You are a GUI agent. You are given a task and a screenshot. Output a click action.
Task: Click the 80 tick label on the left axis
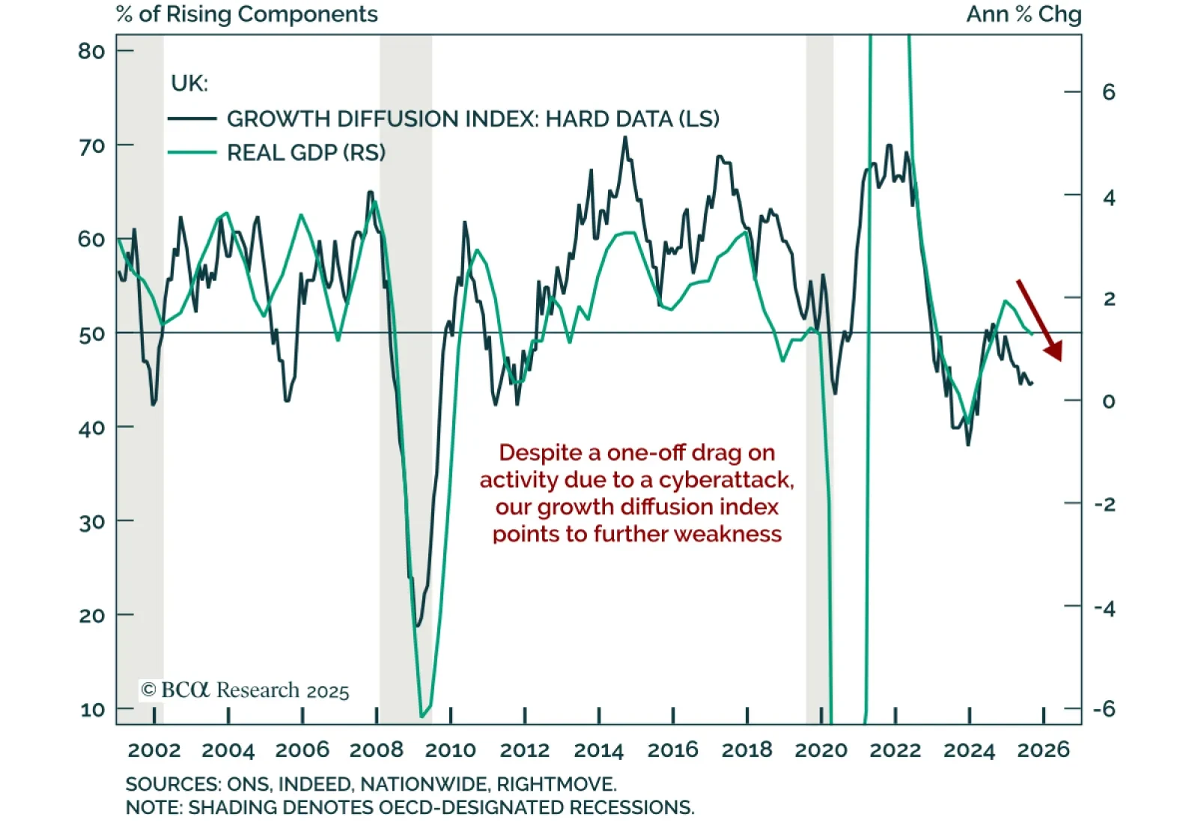[91, 51]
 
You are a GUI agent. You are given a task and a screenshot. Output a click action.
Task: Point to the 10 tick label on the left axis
[92, 709]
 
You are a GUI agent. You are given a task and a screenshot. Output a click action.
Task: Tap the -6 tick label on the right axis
[1104, 709]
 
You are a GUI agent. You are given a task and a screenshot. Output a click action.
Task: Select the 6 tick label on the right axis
[1108, 92]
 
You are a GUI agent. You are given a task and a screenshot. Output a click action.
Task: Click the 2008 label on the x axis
[377, 750]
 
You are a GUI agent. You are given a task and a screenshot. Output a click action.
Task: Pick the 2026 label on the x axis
[1043, 750]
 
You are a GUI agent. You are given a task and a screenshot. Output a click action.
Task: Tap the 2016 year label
[672, 750]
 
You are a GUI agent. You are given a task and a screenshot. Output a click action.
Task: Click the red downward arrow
[1039, 320]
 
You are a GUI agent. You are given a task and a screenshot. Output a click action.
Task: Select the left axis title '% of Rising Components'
[247, 14]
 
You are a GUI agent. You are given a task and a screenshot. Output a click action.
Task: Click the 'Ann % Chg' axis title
[1024, 14]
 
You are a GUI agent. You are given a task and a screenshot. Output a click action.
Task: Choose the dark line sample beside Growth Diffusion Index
[192, 118]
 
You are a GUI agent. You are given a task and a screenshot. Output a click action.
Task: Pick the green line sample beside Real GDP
[192, 153]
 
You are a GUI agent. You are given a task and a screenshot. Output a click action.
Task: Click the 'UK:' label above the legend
[189, 83]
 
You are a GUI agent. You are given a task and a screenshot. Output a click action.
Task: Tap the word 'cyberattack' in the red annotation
[726, 479]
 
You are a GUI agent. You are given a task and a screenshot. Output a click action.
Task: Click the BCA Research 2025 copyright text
[245, 690]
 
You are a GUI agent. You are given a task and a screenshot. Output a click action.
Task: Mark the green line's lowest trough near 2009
[422, 716]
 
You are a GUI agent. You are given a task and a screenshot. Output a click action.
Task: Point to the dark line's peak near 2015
[625, 137]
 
